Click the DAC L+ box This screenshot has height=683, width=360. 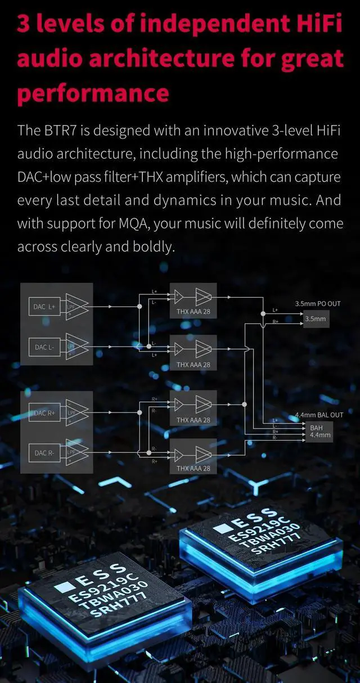pos(43,307)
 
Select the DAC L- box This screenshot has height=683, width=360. pos(43,347)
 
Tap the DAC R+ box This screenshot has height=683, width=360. pos(43,413)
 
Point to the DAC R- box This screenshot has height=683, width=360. pos(43,452)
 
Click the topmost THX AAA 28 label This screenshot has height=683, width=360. pos(193,311)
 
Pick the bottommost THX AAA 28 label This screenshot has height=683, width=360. pos(193,468)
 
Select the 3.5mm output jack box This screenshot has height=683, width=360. pos(315,319)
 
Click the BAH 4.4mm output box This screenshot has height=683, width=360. pos(319,432)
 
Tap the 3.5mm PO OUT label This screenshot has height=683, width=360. pos(318,304)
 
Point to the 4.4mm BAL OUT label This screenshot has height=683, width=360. pos(319,415)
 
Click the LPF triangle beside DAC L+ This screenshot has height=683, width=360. pos(75,307)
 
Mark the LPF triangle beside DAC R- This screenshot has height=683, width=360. pos(75,452)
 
